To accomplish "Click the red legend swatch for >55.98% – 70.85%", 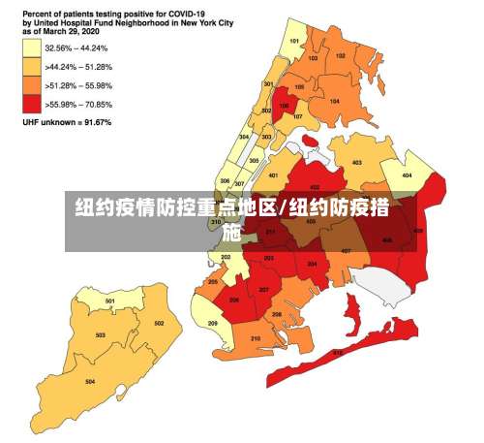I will [x=32, y=105].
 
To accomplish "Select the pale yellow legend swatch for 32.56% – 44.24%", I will [x=32, y=47].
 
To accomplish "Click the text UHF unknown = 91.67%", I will [x=68, y=123].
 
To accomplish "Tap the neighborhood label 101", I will [x=295, y=41].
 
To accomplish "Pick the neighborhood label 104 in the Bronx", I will [x=334, y=101].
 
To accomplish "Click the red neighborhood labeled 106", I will [x=284, y=107].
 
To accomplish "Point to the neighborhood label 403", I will [x=357, y=163].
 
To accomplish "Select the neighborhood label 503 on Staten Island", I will [x=100, y=335].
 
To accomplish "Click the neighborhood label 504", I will [x=90, y=382].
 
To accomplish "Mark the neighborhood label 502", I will [x=159, y=323].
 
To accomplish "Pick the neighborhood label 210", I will [x=256, y=337].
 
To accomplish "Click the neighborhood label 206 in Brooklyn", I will [x=234, y=300].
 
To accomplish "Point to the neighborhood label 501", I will [x=110, y=301].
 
